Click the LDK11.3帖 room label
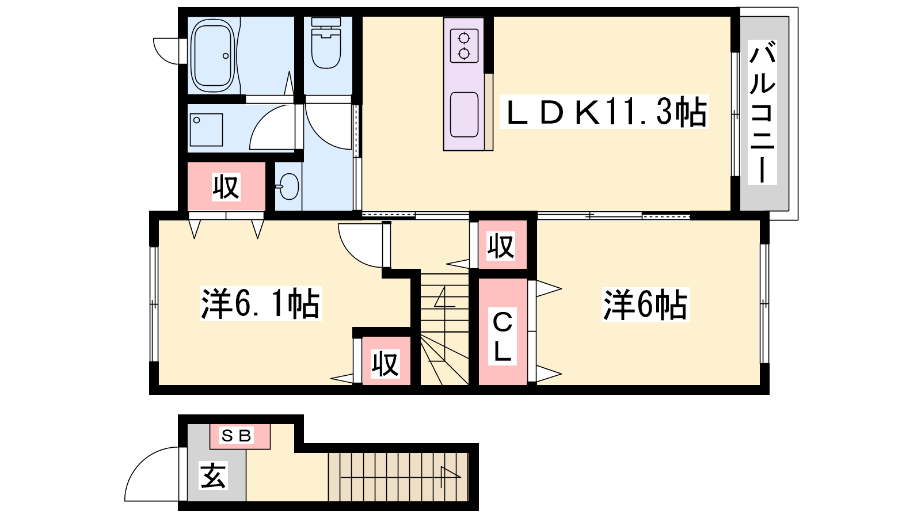604,112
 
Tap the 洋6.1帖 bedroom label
260,304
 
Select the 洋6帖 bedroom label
645,304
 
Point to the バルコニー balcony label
762,112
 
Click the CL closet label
502,336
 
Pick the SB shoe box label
236,435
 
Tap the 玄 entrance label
213,475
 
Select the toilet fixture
326,43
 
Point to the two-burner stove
464,45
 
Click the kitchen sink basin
464,115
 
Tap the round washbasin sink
288,186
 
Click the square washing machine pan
207,130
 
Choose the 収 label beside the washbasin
226,187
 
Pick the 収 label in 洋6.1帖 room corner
385,364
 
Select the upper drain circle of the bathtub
225,56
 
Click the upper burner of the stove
464,38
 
